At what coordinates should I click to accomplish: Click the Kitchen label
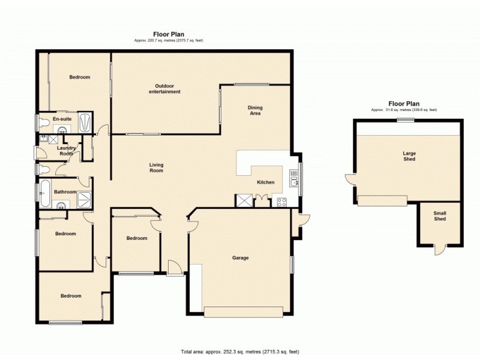click(x=266, y=182)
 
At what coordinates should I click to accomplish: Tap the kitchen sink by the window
click(x=293, y=178)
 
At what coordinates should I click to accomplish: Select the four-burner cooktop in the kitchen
click(x=281, y=202)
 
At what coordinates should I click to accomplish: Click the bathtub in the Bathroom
click(x=45, y=193)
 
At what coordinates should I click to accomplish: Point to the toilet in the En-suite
click(x=43, y=122)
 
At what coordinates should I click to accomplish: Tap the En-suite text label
click(x=62, y=119)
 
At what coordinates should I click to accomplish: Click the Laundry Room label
click(x=66, y=151)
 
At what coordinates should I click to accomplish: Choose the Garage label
click(x=241, y=258)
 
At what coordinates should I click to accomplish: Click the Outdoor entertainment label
click(x=164, y=88)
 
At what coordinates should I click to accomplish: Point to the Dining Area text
click(x=255, y=110)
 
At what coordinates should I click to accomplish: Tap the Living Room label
click(x=156, y=167)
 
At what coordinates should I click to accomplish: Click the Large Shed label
click(x=409, y=157)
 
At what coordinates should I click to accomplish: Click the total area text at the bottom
click(x=240, y=352)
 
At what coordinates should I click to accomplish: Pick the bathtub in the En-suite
click(x=85, y=123)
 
